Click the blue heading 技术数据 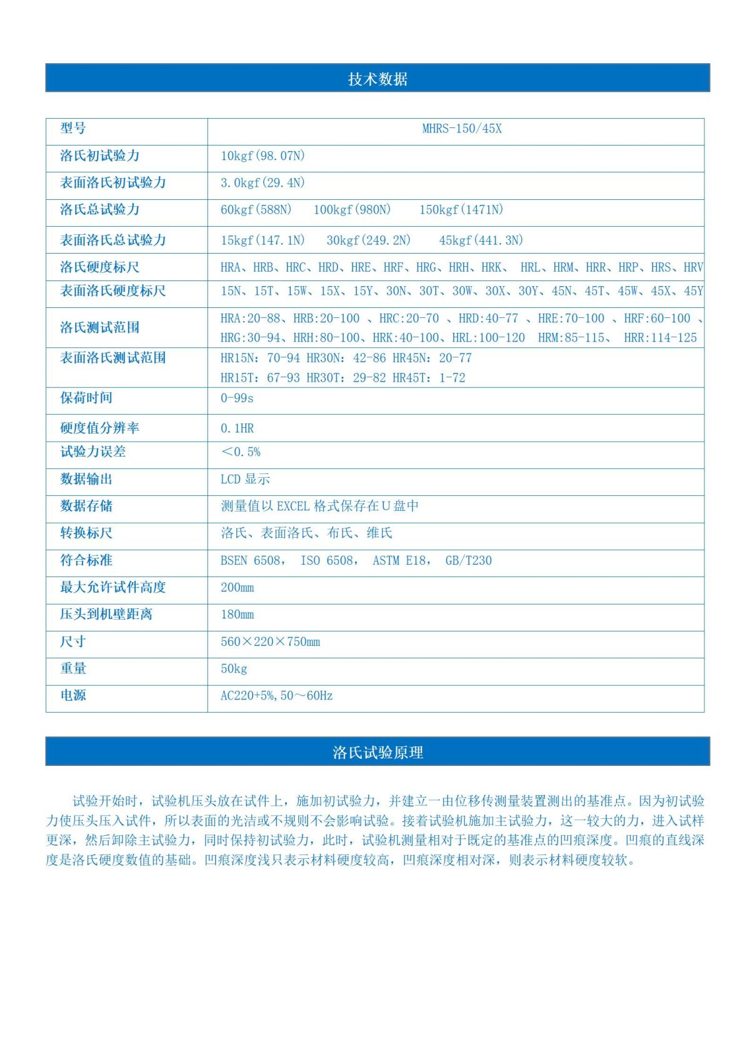point(377,79)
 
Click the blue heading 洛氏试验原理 point(377,752)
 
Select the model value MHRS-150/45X point(462,129)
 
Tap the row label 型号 point(73,129)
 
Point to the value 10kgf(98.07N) point(262,156)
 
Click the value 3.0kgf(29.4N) point(262,183)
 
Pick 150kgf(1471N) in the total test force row point(461,210)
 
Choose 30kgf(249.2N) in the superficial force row point(368,240)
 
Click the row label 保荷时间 point(86,398)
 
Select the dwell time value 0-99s point(237,399)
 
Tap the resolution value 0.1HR point(237,428)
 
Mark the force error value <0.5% point(241,452)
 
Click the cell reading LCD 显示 point(245,479)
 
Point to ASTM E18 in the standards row point(401,561)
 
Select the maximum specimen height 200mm point(237,588)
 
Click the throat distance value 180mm point(237,615)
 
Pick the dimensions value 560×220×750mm point(270,642)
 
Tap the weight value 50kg point(234,669)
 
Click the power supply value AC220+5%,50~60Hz point(276,696)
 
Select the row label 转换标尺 point(86,533)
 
